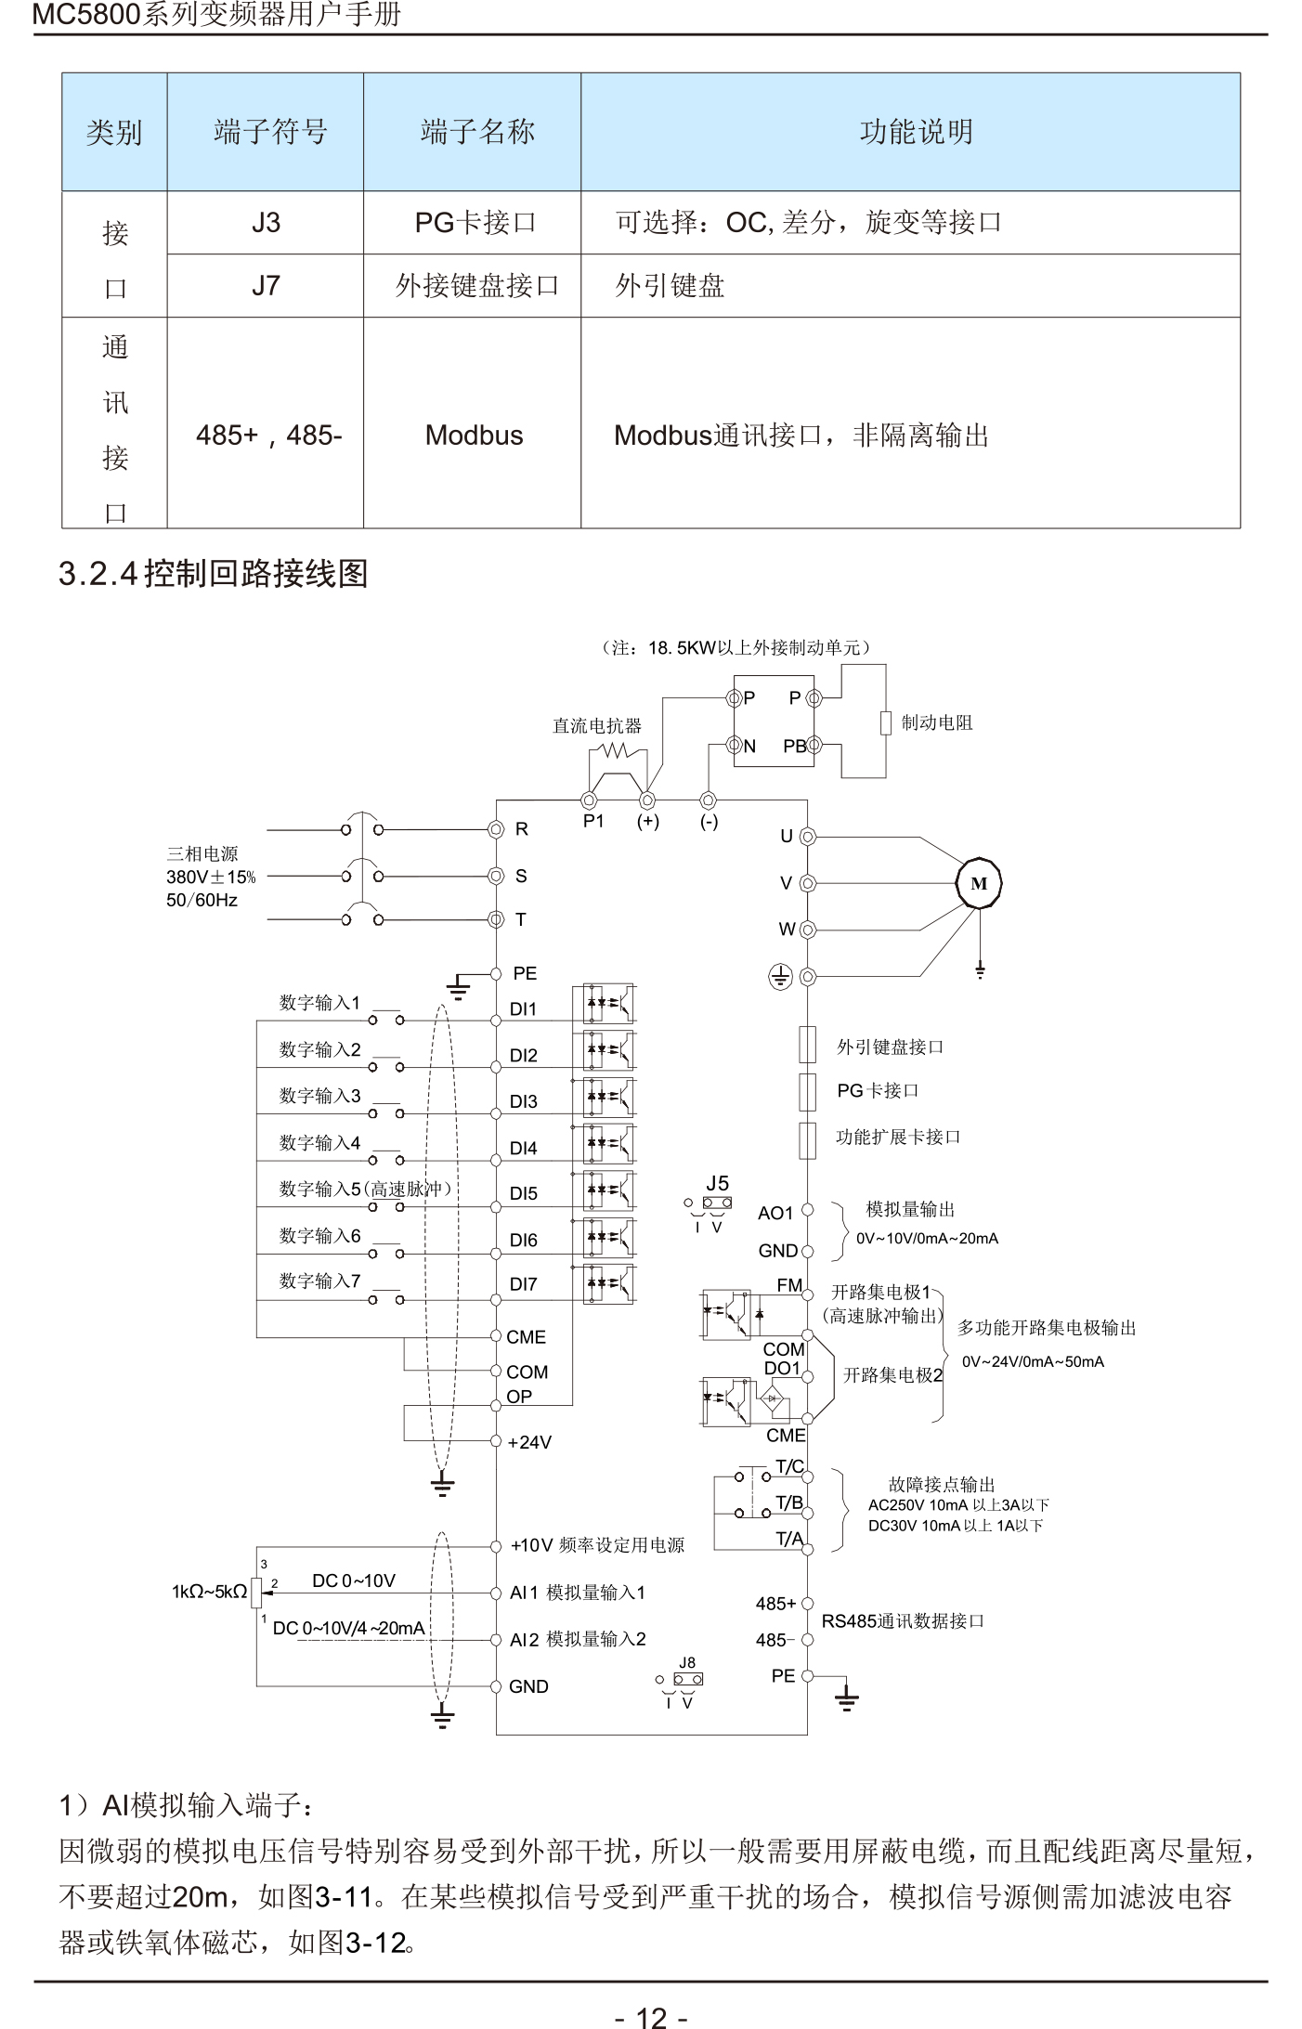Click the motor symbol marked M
click(979, 883)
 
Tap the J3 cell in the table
click(266, 223)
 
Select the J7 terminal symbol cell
click(266, 285)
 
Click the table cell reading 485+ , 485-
click(268, 435)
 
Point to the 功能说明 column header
click(916, 132)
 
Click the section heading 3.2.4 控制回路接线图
click(214, 573)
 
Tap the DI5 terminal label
click(524, 1193)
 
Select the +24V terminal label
click(529, 1442)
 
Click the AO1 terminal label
click(775, 1213)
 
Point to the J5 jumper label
click(717, 1183)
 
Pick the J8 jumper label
click(686, 1662)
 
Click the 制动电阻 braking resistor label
click(937, 722)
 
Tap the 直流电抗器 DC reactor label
click(597, 725)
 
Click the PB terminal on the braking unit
click(795, 746)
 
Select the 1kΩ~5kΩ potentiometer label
click(209, 1592)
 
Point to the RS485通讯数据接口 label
click(903, 1620)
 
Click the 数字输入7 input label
click(319, 1281)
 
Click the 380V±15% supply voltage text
click(211, 877)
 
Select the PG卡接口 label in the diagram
click(878, 1090)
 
